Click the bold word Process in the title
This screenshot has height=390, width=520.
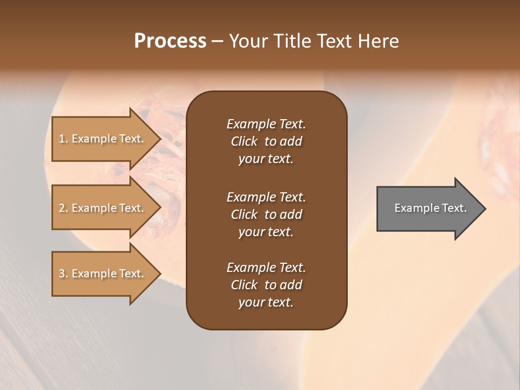pos(170,41)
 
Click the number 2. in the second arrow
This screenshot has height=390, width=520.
pos(63,208)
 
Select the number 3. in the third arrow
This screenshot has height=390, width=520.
pos(63,274)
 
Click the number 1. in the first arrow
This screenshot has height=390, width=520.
pos(63,139)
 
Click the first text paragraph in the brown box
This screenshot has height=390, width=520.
pos(266,141)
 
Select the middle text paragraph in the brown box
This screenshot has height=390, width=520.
pos(266,214)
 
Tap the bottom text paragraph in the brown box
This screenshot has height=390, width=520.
pos(266,285)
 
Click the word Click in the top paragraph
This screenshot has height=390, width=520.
pos(244,141)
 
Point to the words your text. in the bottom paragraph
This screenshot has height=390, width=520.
pos(266,303)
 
